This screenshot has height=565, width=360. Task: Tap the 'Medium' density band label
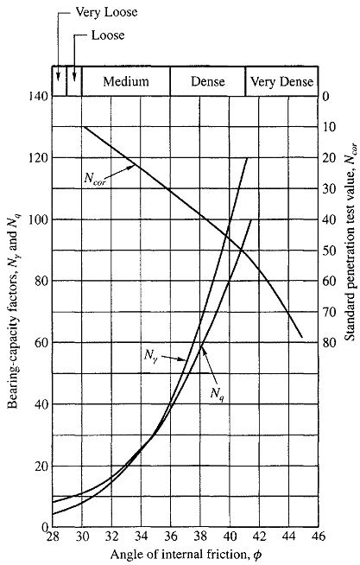point(126,81)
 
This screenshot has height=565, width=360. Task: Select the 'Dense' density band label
point(207,81)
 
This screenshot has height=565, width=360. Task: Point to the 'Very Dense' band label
point(282,81)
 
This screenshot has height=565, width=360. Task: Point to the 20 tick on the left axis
point(38,466)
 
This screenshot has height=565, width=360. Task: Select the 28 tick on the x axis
point(53,537)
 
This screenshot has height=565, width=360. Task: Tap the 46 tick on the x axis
point(317,537)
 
